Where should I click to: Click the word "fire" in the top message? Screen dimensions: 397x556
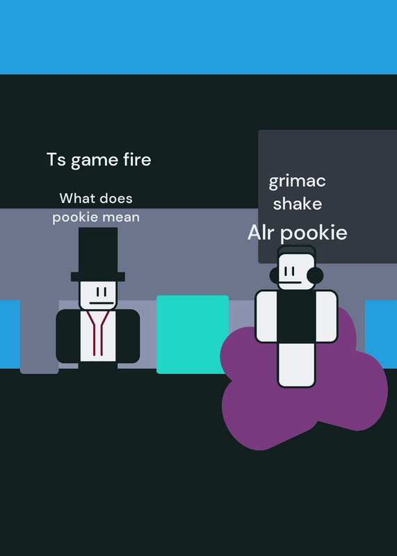(x=137, y=159)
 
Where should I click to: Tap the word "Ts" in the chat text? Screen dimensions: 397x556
(x=56, y=160)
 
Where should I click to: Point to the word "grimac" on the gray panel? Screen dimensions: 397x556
(x=297, y=181)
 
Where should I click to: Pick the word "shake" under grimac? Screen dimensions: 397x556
(x=298, y=204)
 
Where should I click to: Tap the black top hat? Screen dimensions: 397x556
(x=98, y=254)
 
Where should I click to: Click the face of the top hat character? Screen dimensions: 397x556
(x=98, y=295)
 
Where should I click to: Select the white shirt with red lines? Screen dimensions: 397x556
(x=98, y=336)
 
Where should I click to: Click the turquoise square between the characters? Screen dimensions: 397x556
(x=193, y=334)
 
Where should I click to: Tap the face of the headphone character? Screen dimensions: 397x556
(x=295, y=272)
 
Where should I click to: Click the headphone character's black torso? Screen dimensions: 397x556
(x=296, y=317)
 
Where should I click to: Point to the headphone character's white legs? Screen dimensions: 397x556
(x=296, y=365)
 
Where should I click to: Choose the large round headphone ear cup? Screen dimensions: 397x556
(x=315, y=275)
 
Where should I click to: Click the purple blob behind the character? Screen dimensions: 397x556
(x=248, y=408)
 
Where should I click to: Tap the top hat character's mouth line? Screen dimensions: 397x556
(x=102, y=303)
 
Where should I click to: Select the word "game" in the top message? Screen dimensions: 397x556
(x=95, y=161)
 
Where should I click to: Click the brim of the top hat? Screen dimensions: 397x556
(x=98, y=277)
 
